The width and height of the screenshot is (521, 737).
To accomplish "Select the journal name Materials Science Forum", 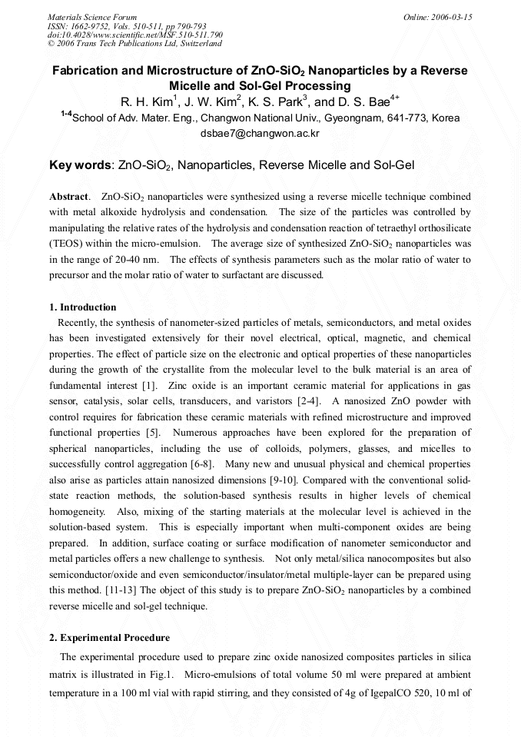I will [92, 17].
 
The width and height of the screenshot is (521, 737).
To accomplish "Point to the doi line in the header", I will [135, 35].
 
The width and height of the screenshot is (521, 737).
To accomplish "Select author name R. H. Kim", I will [147, 101].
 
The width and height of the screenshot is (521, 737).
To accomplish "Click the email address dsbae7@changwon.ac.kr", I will [260, 133].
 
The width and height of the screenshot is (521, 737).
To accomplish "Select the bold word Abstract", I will [69, 197].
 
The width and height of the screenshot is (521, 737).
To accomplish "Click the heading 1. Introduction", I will [82, 307].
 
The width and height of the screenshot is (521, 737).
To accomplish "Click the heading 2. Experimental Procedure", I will [109, 638].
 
